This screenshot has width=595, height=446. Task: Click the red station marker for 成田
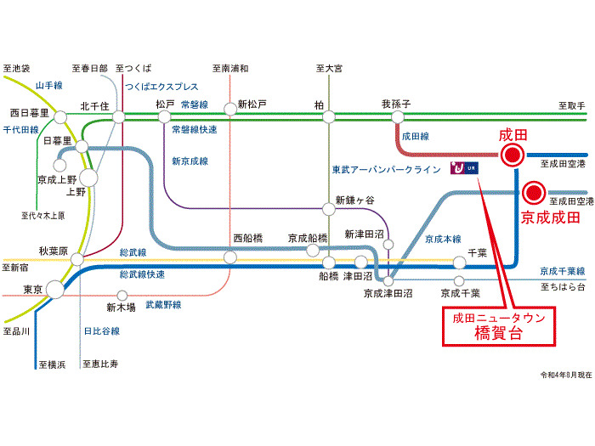coord(512,155)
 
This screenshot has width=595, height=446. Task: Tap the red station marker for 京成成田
coord(534,193)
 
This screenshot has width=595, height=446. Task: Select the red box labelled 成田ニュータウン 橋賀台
coord(499,326)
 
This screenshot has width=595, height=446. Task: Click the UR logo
coord(464,167)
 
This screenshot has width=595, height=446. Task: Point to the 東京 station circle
coord(55,290)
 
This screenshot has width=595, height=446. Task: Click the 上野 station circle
coord(88,178)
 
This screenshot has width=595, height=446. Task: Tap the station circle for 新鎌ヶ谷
coord(329,209)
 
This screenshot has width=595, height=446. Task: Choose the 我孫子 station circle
coord(397,117)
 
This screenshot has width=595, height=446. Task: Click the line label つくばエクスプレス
coord(161,87)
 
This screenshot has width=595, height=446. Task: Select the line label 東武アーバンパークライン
coord(386,170)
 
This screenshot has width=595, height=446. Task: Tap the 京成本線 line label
coord(443,239)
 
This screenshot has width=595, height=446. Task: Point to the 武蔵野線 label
coord(163,304)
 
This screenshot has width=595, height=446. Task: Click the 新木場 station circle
coord(122,295)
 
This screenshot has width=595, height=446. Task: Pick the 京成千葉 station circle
coord(459,281)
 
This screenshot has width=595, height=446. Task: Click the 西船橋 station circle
coord(230,257)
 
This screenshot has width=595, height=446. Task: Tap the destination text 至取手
coord(571,106)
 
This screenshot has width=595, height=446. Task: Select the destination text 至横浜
coord(52,364)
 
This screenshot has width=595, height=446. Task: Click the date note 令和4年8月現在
coord(566,375)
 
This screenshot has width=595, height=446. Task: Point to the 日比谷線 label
coord(102,331)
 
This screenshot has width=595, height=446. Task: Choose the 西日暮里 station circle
coord(60,117)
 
